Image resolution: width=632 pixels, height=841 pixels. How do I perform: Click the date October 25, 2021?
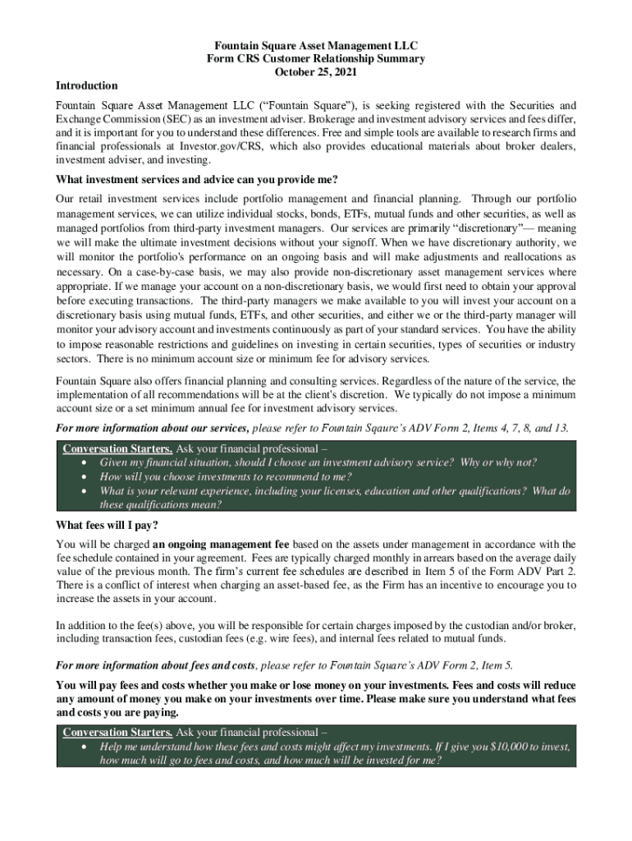316,72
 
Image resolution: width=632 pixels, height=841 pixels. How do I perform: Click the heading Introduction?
86,85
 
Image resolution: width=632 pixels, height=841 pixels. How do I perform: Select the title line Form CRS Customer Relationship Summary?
316,59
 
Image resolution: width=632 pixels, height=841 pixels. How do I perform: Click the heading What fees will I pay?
107,526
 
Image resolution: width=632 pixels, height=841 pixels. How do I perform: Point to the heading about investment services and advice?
197,180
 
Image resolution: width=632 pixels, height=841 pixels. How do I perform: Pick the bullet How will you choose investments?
226,476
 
